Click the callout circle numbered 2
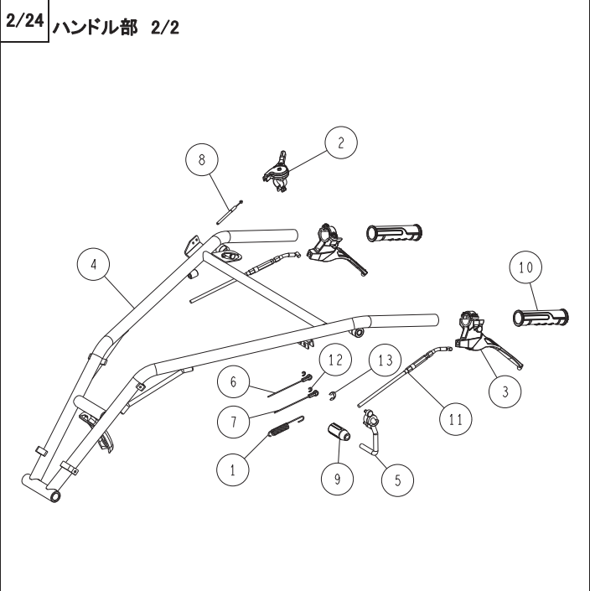[340, 143]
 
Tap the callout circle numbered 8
[202, 158]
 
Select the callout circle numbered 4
[94, 263]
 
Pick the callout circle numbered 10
[525, 268]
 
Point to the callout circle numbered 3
[505, 391]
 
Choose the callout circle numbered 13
[385, 360]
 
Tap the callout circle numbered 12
[334, 360]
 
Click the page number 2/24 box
[23, 20]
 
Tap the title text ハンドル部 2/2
[116, 28]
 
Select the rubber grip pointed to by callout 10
[541, 318]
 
